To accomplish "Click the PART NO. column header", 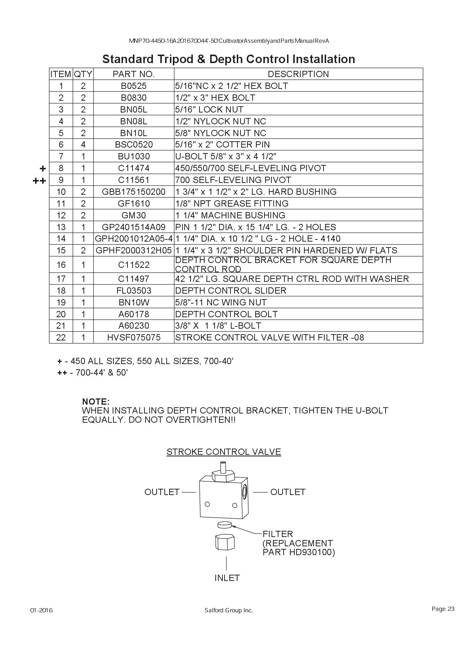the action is coord(133,74).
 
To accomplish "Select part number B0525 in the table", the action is coord(133,86).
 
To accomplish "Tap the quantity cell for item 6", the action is coord(83,145).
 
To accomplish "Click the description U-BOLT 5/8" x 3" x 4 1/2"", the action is coord(226,156).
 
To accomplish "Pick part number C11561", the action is coord(133,180).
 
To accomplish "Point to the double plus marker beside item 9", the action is coord(39,181).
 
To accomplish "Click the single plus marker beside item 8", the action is coord(43,169).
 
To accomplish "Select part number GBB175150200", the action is coord(133,192).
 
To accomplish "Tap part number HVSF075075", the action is coord(133,338).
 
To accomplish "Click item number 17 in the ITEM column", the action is coord(61,279).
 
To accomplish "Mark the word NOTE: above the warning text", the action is coord(96,401).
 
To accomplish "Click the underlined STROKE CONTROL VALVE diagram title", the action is coord(224,452).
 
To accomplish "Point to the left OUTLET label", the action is coord(162,492).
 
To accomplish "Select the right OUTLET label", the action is coord(288,492).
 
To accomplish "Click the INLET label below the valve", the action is coord(227,578).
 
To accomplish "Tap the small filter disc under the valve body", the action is coord(225,525).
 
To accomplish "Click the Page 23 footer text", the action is coord(443,609).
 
